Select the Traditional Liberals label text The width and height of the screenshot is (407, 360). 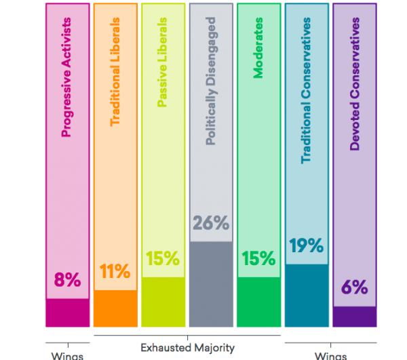pyautogui.click(x=115, y=77)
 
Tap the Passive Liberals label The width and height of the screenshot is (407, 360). pyautogui.click(x=163, y=66)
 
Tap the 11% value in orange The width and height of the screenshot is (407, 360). pyautogui.click(x=115, y=272)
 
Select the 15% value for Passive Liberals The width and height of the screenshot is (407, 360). pyautogui.click(x=163, y=258)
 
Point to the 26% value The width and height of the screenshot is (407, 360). pyautogui.click(x=211, y=223)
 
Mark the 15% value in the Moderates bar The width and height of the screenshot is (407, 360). pyautogui.click(x=258, y=258)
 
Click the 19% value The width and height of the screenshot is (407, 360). pyautogui.click(x=306, y=245)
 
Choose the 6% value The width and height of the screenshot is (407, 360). pyautogui.click(x=354, y=287)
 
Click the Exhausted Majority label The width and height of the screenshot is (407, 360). pyautogui.click(x=187, y=348)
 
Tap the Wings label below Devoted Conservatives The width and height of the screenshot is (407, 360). pyautogui.click(x=330, y=355)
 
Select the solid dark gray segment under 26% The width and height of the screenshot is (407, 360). pyautogui.click(x=211, y=283)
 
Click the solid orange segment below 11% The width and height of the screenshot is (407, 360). pyautogui.click(x=115, y=308)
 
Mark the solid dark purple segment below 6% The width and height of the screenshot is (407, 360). pyautogui.click(x=354, y=316)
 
